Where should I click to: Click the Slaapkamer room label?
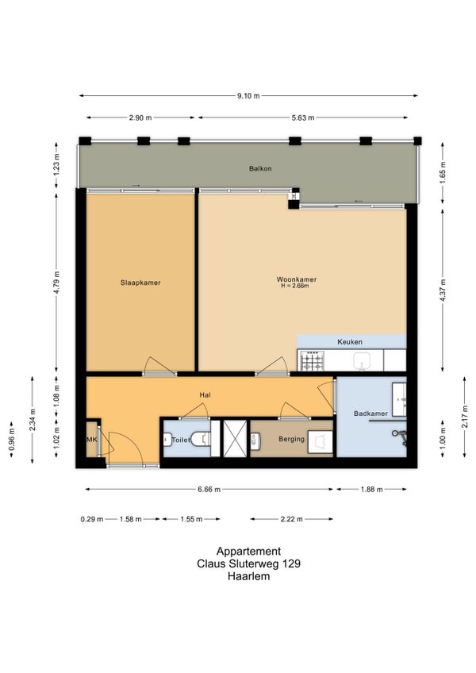tap(140, 283)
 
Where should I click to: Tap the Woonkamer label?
tap(296, 279)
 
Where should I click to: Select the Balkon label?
tap(260, 169)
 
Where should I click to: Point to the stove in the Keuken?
tap(312, 360)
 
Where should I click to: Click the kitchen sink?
tap(363, 360)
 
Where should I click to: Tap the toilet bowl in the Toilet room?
tap(201, 439)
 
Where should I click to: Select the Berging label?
tap(291, 439)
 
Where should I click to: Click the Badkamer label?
tap(370, 413)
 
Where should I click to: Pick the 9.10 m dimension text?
tap(248, 96)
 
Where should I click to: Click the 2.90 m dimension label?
tap(140, 117)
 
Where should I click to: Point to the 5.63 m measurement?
tap(303, 117)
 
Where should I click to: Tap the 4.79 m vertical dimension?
tap(56, 282)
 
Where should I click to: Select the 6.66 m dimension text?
tap(209, 490)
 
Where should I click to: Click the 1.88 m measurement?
tap(371, 490)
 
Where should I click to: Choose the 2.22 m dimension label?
tap(291, 519)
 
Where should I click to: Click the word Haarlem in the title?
tap(248, 576)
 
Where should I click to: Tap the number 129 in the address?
tap(292, 563)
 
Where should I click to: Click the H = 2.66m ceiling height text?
tap(295, 286)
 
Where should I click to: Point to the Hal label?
tap(205, 395)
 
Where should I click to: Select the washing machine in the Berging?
tap(321, 442)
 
